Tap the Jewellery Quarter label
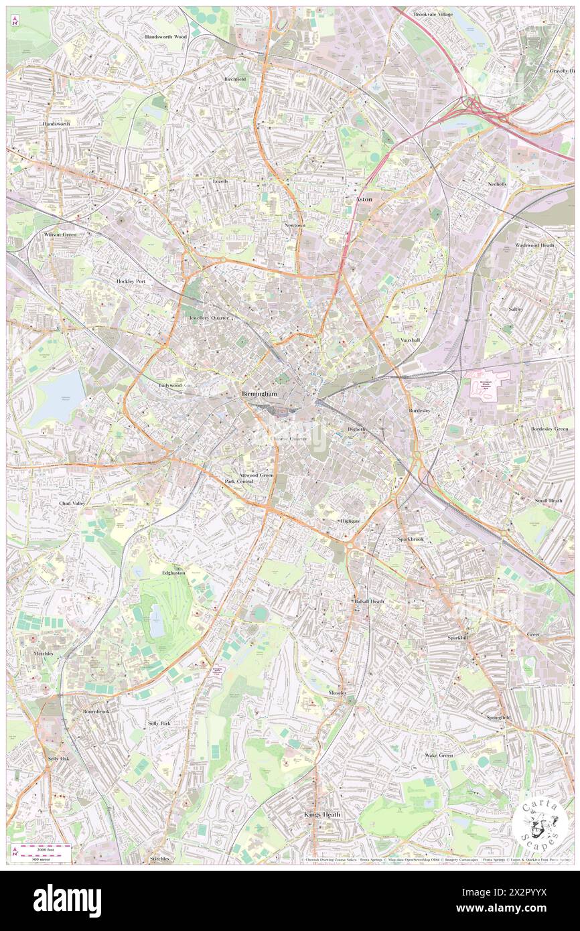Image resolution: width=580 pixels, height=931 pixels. (208, 317)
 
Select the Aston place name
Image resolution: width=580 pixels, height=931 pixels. (364, 200)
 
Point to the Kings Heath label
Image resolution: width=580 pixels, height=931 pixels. (322, 814)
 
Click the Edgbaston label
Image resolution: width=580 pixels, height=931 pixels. (173, 573)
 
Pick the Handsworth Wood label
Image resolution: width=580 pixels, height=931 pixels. (165, 37)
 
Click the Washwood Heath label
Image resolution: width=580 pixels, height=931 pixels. (534, 245)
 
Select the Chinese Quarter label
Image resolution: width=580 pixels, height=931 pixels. (288, 439)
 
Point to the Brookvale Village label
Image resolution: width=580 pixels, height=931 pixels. (435, 14)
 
